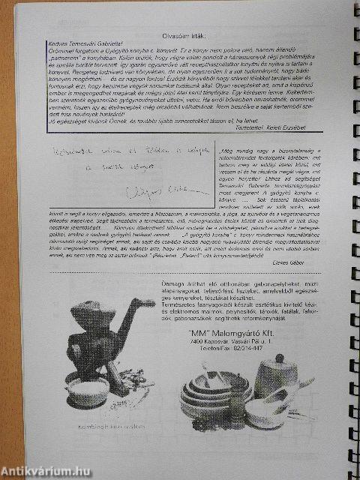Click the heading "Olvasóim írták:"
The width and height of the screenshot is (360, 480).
[184, 35]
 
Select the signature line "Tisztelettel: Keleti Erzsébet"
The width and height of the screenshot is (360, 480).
[285, 129]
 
